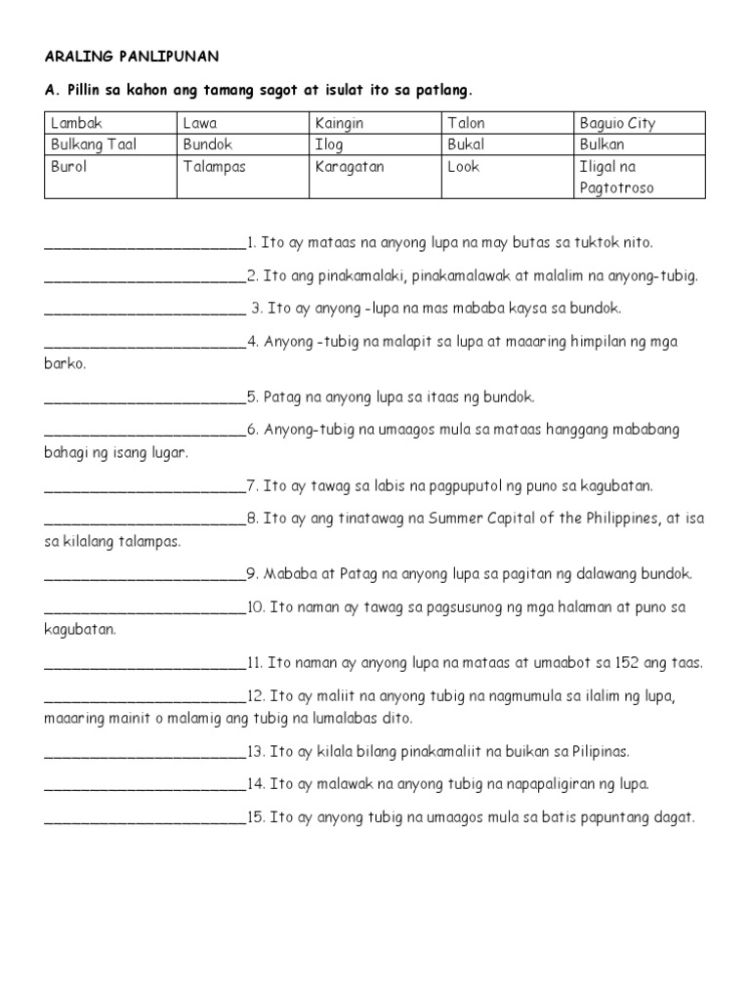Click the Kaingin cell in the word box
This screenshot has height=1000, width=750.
[x=337, y=123]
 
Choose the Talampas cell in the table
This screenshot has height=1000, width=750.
[x=214, y=166]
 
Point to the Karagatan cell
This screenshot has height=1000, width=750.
[x=350, y=166]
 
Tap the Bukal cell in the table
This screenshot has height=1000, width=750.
[x=466, y=145]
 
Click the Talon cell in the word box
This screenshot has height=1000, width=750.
[x=466, y=123]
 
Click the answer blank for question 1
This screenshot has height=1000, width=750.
[x=145, y=244]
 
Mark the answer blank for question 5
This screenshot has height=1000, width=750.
[x=145, y=399]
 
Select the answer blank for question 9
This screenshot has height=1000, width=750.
[x=145, y=576]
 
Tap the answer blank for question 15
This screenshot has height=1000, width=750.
[x=145, y=820]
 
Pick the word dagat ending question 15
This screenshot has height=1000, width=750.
[x=674, y=818]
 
